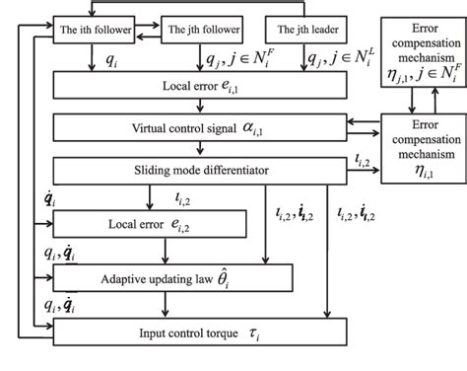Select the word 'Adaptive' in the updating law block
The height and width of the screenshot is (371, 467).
click(129, 278)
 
